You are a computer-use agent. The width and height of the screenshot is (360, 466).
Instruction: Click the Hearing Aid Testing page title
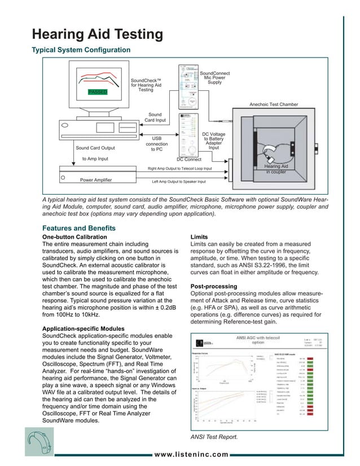(98, 34)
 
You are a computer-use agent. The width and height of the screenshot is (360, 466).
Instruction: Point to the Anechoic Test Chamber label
(274, 104)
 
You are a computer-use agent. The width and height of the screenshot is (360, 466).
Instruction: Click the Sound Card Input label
(155, 117)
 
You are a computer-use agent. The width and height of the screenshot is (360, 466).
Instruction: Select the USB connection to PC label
(156, 143)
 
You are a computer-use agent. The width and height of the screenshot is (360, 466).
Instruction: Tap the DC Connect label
(188, 160)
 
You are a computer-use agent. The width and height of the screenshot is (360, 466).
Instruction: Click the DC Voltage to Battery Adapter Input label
(214, 141)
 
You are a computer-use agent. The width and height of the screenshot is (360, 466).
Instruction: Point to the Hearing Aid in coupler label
(276, 169)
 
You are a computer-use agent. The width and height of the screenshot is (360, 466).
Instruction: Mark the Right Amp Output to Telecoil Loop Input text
(179, 169)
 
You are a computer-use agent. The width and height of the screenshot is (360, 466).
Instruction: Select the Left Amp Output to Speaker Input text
(179, 182)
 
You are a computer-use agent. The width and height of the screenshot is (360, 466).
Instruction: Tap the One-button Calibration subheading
(74, 236)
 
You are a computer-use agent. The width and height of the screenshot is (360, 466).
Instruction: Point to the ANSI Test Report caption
(215, 437)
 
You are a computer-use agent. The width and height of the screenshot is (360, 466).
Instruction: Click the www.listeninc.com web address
(191, 455)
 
